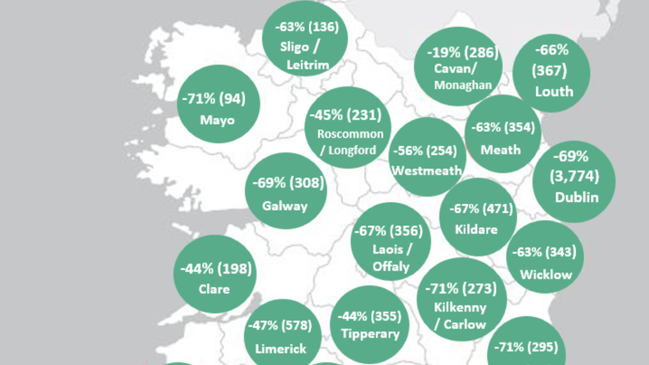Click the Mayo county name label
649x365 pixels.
coord(217,120)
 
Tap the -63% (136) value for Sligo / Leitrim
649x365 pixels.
coord(305,28)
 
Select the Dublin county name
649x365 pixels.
coord(576,197)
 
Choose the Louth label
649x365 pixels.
coord(554,91)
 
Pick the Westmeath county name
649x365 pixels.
coord(427,171)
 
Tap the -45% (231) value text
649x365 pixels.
coord(349,115)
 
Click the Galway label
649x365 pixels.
coord(285,206)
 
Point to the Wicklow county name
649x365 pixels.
coord(546,274)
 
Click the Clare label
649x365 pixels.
coord(214,288)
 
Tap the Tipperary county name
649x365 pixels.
coord(370,334)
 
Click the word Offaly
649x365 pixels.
coord(391,266)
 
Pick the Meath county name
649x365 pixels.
coord(500,149)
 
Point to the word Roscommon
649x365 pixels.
coord(350,134)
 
